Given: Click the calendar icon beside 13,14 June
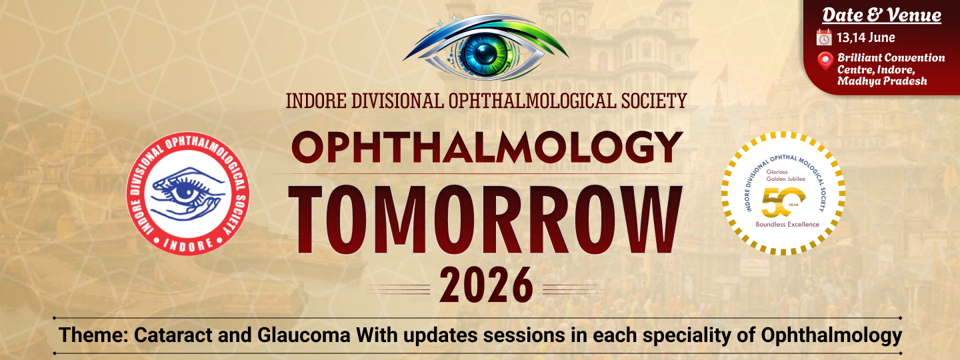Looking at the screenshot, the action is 824,37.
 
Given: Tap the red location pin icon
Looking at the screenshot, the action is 825,61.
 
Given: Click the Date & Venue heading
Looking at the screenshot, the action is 881,15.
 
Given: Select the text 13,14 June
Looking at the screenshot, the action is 866,38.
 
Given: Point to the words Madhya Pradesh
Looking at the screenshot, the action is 882,81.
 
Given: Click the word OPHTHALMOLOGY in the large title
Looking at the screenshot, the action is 487,147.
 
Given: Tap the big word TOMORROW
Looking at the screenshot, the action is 485,221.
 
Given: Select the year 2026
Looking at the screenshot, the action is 487,285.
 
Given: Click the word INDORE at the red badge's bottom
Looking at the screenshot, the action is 188,244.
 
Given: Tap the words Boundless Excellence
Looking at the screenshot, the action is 787,224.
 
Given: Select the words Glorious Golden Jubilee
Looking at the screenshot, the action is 785,175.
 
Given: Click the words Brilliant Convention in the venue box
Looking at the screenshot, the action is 891,58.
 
